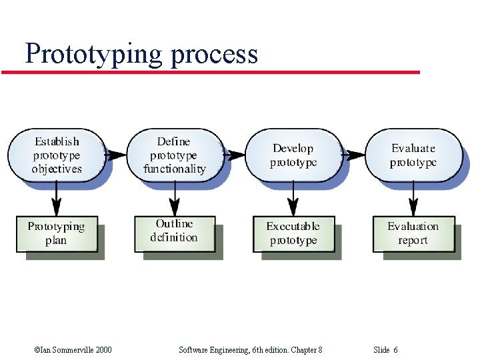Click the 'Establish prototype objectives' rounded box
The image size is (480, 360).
[57, 155]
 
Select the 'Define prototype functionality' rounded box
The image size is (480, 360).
[175, 155]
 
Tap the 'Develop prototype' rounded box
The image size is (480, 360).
[293, 155]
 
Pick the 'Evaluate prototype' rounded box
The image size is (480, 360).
[413, 155]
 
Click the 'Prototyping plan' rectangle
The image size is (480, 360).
[57, 233]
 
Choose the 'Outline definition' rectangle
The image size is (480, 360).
[174, 231]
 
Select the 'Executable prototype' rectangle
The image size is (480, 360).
[293, 233]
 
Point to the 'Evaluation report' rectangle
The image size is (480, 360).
[413, 233]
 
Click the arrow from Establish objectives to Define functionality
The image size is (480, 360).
[116, 155]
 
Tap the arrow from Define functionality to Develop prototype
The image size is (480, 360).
[235, 155]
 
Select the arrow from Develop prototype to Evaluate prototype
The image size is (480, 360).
[353, 155]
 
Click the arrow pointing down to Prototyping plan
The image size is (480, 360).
[57, 198]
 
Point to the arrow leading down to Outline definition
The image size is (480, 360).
[175, 198]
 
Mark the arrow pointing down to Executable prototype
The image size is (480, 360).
[293, 198]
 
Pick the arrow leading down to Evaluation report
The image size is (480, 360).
[413, 198]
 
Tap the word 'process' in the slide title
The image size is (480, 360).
[213, 55]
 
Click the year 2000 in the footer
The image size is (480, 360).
[103, 349]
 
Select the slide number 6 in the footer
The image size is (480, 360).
[395, 349]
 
